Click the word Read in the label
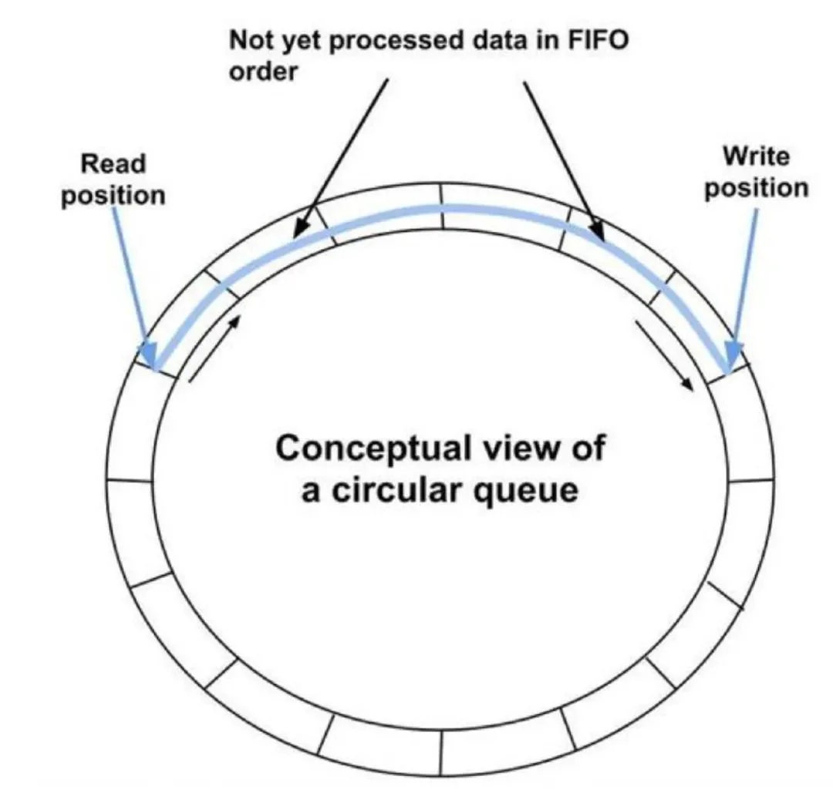pos(113,163)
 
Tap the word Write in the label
pos(757,156)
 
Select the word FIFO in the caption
pos(599,40)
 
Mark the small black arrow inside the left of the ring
pos(215,348)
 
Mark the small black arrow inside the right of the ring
pos(665,355)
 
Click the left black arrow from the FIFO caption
pos(341,158)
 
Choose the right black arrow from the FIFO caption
pos(564,161)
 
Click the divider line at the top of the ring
pos(441,207)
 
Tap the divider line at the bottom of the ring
pos(440,753)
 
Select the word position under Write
pos(757,189)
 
